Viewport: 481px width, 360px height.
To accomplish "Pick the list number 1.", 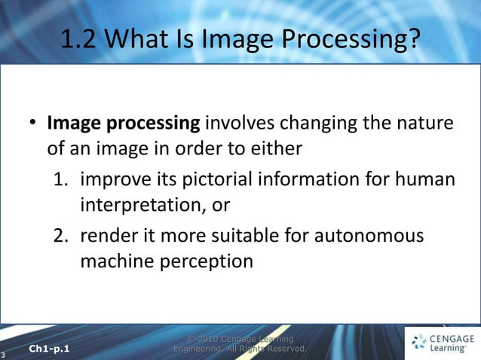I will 60,180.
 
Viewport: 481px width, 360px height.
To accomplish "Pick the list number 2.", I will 60,236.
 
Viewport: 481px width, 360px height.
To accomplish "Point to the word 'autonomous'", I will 367,236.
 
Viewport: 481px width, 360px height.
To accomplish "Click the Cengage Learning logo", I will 441,343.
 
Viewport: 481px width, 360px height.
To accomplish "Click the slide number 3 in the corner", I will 4,354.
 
